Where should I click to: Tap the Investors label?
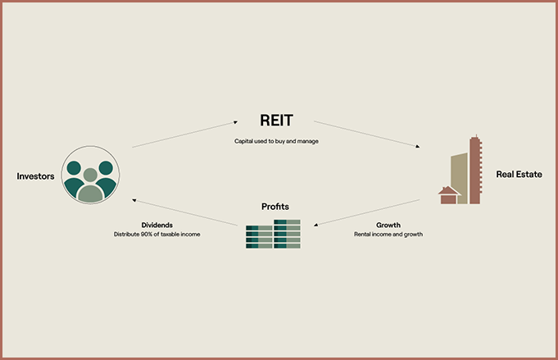(35, 175)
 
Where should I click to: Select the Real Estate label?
(519, 175)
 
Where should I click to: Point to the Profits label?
(274, 206)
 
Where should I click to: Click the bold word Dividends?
(157, 225)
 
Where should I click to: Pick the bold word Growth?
(388, 225)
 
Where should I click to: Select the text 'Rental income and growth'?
(388, 235)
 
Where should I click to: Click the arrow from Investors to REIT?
(184, 134)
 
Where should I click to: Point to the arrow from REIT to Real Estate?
(366, 134)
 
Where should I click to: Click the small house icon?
(449, 195)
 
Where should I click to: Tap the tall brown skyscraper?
(475, 170)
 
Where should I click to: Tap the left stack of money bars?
(259, 236)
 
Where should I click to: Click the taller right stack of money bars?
(287, 233)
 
